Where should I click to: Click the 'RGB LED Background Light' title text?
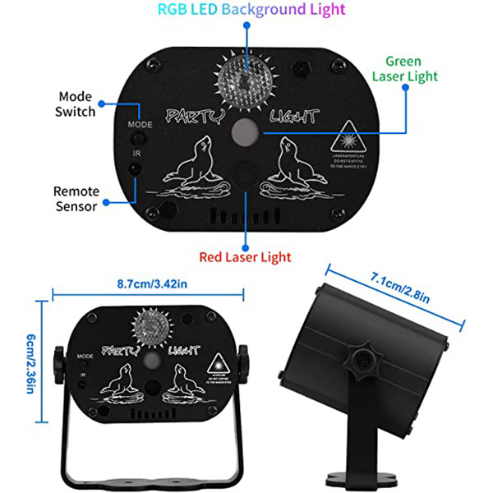246,10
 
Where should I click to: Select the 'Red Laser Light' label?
245,256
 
